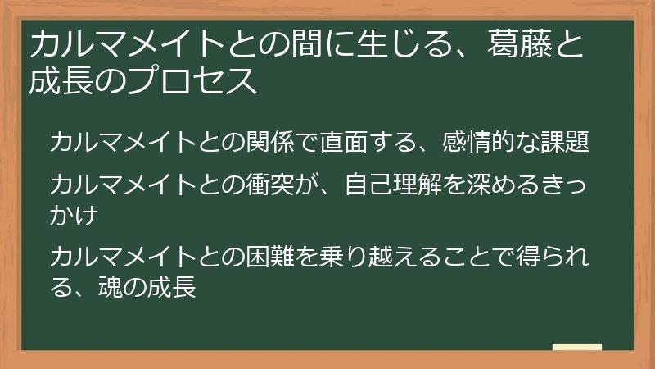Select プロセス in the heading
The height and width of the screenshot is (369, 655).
click(192, 80)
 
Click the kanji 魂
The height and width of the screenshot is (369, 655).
click(111, 287)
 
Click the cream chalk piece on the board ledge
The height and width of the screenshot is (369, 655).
click(577, 347)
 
